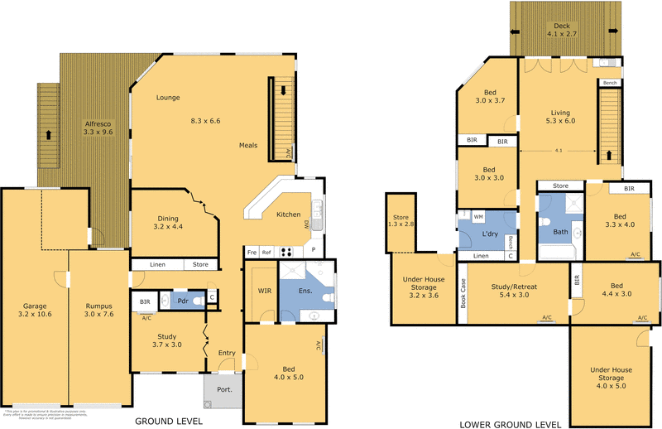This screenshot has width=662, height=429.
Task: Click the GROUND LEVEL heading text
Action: click(x=169, y=422)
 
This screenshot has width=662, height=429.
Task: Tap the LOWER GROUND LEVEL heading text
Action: click(x=510, y=424)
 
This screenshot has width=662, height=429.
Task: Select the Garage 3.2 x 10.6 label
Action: click(x=33, y=310)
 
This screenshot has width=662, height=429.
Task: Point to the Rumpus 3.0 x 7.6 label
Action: click(x=98, y=310)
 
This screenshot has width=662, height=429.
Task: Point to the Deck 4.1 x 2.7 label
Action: click(x=564, y=30)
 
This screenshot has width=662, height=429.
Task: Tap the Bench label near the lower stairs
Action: click(x=610, y=83)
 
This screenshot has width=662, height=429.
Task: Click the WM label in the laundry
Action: click(x=478, y=216)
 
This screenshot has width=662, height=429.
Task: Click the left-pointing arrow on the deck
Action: click(x=516, y=31)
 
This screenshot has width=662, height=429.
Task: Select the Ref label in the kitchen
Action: click(x=266, y=252)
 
